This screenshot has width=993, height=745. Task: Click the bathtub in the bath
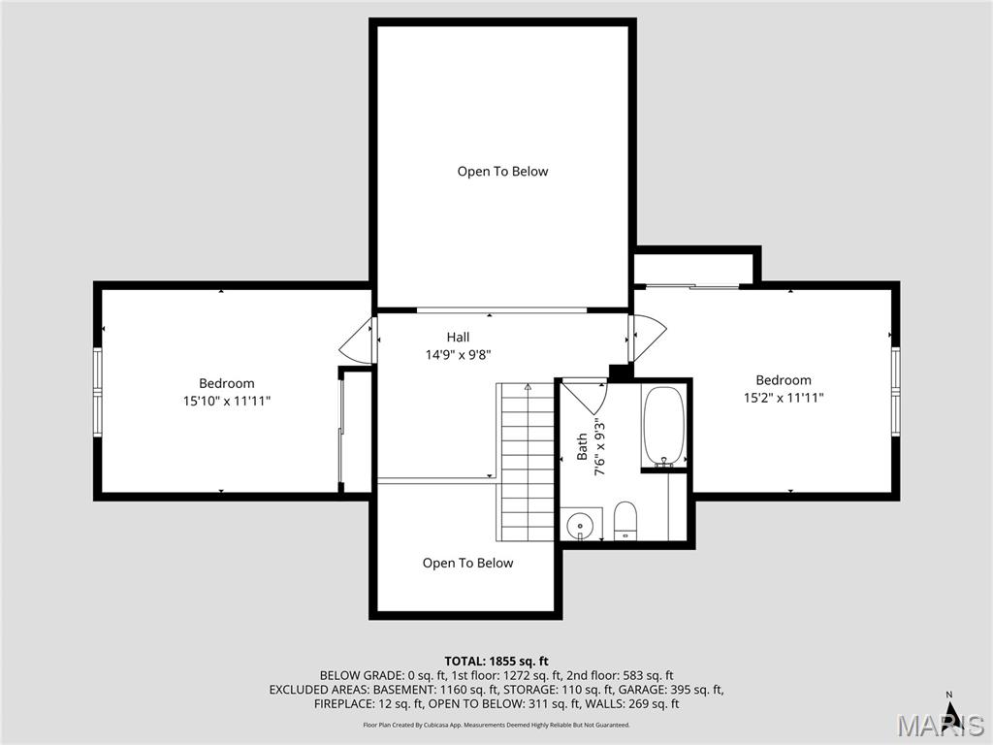click(663, 427)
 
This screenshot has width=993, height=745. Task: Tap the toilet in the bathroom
click(625, 520)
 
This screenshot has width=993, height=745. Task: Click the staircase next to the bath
click(528, 461)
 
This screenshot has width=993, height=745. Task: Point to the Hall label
click(458, 337)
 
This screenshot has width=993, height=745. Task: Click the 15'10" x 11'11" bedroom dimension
click(227, 401)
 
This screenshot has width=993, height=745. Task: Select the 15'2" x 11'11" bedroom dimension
click(784, 398)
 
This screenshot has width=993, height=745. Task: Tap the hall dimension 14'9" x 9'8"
click(459, 355)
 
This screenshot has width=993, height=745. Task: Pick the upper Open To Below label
click(502, 172)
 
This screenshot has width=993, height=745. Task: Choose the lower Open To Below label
click(467, 564)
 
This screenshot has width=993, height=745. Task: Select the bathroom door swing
click(585, 396)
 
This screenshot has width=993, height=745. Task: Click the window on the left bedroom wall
click(97, 389)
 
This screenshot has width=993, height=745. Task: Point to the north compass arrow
click(952, 715)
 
